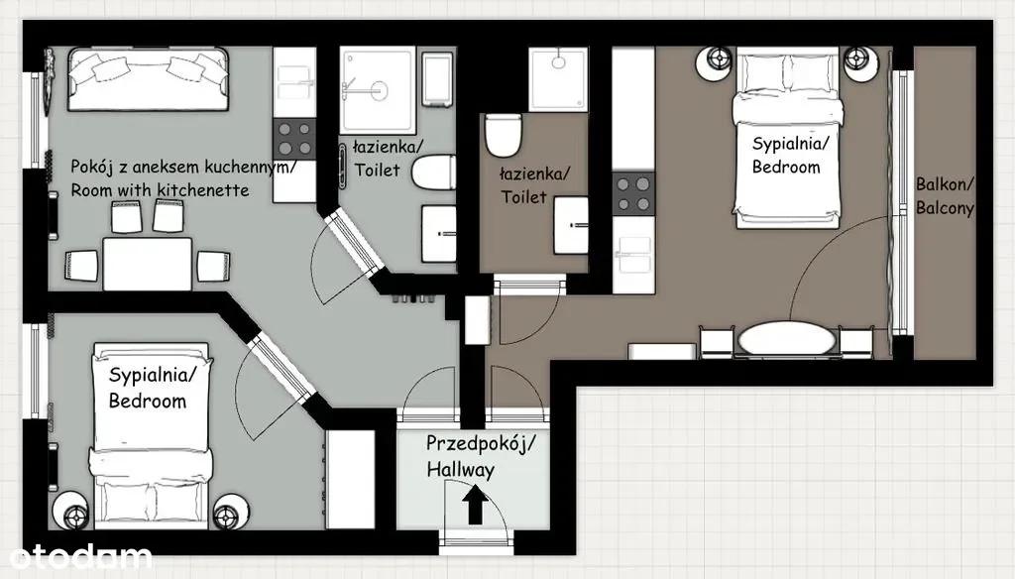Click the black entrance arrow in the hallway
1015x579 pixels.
pos(475,506)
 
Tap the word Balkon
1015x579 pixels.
pos(945,184)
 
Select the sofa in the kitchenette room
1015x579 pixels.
pos(149,79)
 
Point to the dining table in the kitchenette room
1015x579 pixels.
pos(148,264)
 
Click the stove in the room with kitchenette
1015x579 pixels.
pos(293,139)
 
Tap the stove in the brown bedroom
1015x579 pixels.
pos(633,193)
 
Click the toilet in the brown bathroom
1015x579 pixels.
pos(503,136)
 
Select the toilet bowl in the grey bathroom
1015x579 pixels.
pos(434,173)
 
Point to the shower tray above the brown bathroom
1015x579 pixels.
pos(558,79)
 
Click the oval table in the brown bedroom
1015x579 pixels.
pos(786,339)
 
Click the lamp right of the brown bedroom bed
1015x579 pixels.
pos(859,62)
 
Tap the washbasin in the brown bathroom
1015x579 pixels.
pos(571,225)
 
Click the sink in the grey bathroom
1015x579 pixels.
pos(438,234)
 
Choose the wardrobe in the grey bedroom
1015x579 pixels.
pos(350,479)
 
